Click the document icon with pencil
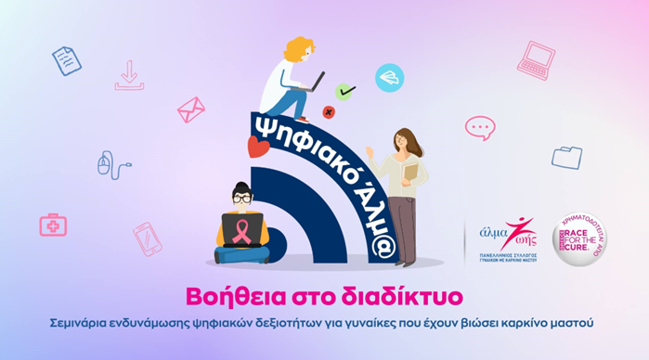[x=67, y=60]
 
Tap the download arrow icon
[x=129, y=75]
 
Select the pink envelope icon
[x=190, y=109]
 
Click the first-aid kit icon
[x=53, y=224]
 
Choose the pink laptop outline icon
[x=536, y=59]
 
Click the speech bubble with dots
[x=480, y=127]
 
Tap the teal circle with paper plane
[x=389, y=77]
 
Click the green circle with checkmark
[x=345, y=91]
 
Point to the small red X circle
[x=328, y=112]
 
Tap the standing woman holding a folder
[x=401, y=176]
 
